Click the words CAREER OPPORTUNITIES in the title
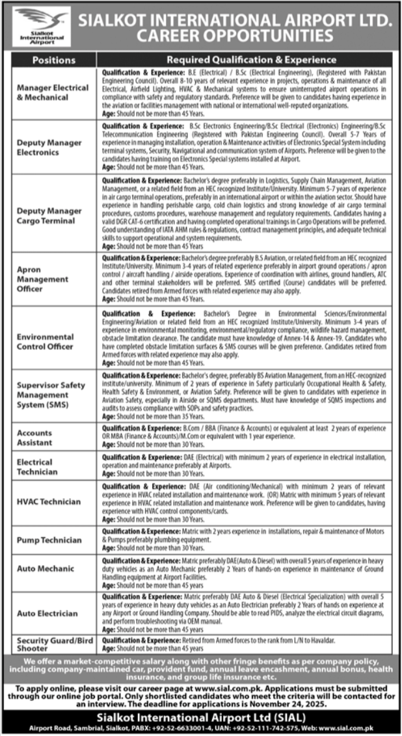(235, 34)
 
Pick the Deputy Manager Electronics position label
(49, 148)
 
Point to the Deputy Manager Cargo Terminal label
(49, 215)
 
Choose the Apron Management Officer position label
(43, 278)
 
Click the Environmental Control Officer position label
(46, 341)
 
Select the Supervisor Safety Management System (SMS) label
(51, 395)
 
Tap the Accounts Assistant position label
(35, 436)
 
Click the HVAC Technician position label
(49, 501)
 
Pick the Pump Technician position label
(49, 540)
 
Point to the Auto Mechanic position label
(46, 568)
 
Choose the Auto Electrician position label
(47, 613)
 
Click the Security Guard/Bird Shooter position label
(50, 644)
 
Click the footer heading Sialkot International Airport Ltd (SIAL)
(200, 717)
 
